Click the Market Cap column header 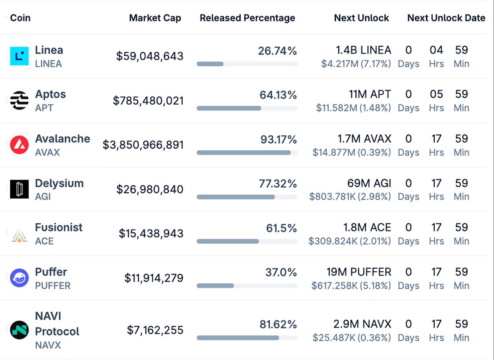click(155, 18)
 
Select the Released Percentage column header click(247, 18)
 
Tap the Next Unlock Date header click(446, 18)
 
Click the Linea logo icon click(19, 56)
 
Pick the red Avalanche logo click(19, 145)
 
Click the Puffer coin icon click(19, 278)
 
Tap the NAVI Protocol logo click(19, 330)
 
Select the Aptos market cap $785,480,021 click(148, 101)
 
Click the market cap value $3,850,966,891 click(143, 145)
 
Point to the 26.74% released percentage click(277, 51)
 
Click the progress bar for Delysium click(247, 197)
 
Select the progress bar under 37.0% click(247, 286)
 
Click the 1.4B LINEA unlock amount click(364, 50)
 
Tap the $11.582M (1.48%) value click(353, 108)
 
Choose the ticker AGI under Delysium click(43, 196)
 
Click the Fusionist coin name click(58, 227)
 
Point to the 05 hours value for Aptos click(436, 94)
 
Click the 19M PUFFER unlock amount click(359, 272)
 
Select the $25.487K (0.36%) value click(352, 338)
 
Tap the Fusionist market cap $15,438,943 click(151, 234)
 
